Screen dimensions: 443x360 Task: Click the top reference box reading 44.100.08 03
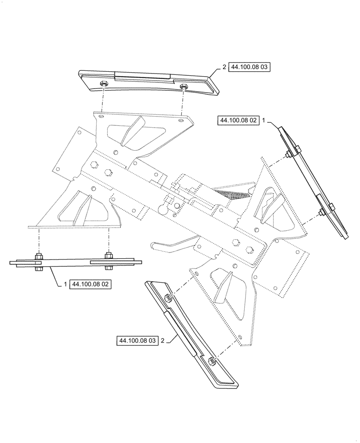pos(250,67)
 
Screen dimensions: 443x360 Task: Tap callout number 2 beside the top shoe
pos(225,67)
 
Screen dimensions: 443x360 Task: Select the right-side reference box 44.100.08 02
pos(238,120)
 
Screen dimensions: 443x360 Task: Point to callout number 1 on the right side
pos(264,120)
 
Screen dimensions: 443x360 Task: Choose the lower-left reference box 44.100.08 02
pos(90,284)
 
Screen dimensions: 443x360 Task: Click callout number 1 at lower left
pos(65,284)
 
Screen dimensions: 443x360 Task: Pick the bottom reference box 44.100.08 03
pos(137,341)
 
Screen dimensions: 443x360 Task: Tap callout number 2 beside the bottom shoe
pos(163,341)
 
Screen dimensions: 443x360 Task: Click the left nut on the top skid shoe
pos(103,84)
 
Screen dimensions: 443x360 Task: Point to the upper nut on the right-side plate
pos(288,154)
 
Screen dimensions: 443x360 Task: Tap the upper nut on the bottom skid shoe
pos(168,297)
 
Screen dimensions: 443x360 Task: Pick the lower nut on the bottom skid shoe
pos(212,360)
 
